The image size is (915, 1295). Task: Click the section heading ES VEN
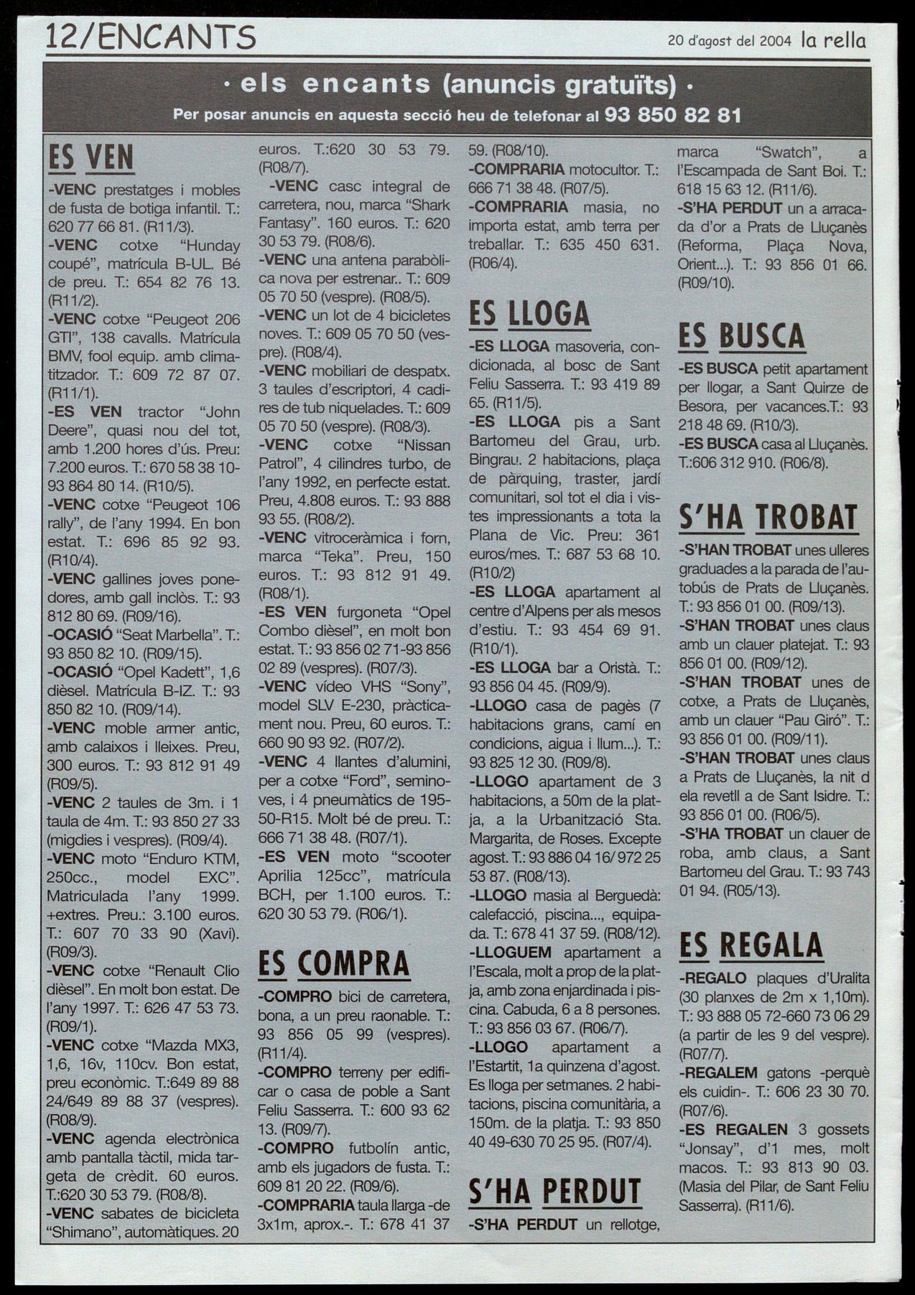(x=90, y=159)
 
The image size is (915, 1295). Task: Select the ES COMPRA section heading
(x=333, y=964)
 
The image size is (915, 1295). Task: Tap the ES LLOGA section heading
(x=529, y=315)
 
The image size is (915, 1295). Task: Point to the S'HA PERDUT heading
(x=554, y=1191)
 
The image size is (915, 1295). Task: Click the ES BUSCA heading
(x=741, y=336)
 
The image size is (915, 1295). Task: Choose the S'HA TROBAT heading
(x=768, y=518)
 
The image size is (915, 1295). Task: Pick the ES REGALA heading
(x=751, y=944)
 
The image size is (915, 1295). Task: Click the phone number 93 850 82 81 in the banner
(x=673, y=115)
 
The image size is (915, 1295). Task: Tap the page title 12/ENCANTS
(x=150, y=37)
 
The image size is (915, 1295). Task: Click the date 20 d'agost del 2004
(x=729, y=41)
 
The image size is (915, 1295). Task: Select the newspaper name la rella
(x=834, y=40)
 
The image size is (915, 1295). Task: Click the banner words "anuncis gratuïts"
(x=560, y=85)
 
